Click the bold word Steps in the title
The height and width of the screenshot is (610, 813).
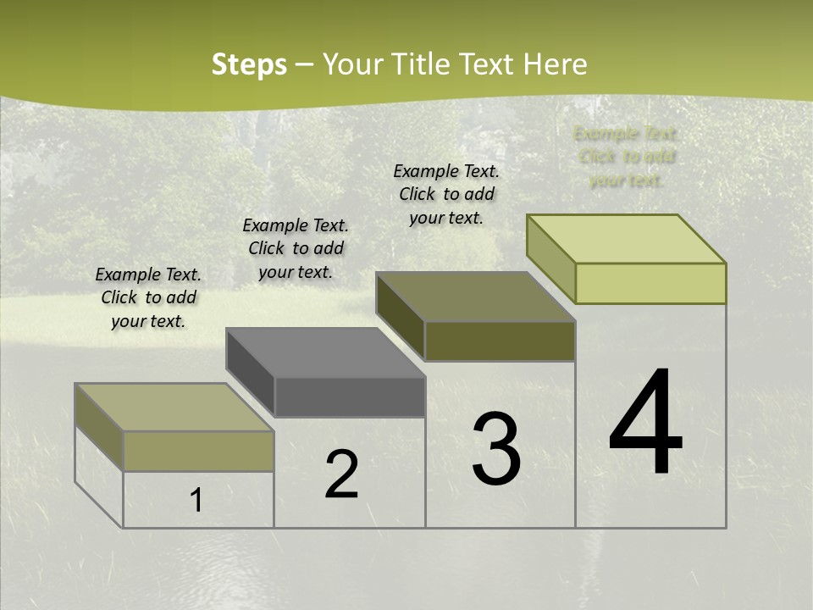(x=249, y=64)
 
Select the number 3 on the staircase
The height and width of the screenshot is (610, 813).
(x=496, y=449)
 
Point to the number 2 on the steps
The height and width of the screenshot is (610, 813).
(x=342, y=474)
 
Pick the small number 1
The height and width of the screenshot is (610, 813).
(x=196, y=501)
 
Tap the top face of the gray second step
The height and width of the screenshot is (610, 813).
(x=325, y=352)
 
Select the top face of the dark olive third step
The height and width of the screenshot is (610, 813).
(x=476, y=297)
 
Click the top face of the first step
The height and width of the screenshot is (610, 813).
(x=174, y=408)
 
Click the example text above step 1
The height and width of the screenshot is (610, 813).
(x=148, y=297)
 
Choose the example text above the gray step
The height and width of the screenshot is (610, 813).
(x=296, y=248)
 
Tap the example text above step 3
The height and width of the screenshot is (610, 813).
(x=446, y=194)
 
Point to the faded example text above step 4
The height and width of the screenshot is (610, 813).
(x=627, y=157)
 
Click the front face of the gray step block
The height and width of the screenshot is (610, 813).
(x=350, y=397)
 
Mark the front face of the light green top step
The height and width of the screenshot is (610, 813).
(x=650, y=283)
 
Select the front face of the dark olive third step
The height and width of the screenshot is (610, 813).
(x=500, y=341)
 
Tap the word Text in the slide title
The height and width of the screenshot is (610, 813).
(x=489, y=64)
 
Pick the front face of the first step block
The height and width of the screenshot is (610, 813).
(x=198, y=451)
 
